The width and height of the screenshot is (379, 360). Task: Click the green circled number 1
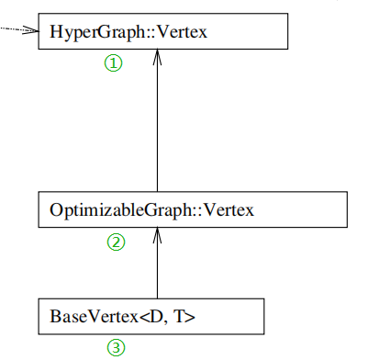(x=112, y=63)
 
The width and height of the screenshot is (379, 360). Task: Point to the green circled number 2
(x=116, y=242)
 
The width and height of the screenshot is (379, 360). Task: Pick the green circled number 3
(x=116, y=347)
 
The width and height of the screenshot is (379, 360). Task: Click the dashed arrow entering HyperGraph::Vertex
(x=14, y=28)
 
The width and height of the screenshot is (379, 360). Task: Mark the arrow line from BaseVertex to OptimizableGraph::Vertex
(x=158, y=266)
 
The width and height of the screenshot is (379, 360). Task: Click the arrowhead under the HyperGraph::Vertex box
(x=158, y=57)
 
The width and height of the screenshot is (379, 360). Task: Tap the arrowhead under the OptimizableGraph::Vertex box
(x=158, y=235)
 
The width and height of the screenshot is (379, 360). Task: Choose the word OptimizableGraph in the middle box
(x=106, y=209)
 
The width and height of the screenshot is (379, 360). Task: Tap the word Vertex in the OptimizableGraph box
(x=227, y=209)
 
